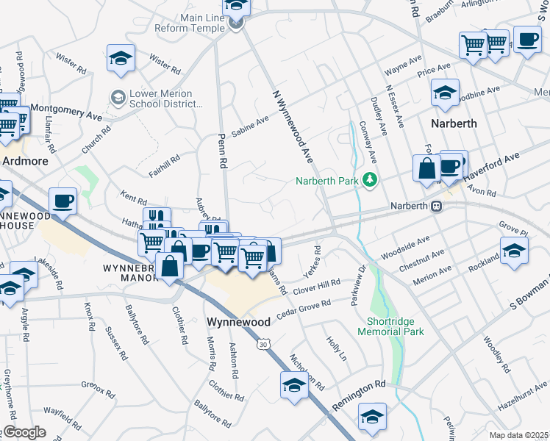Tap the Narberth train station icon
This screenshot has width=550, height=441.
point(436,206)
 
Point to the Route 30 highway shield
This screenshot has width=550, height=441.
point(264,343)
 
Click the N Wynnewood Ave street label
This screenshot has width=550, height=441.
point(293,127)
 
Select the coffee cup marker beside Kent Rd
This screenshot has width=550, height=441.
point(63,201)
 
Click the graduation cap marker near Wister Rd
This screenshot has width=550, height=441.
point(121,58)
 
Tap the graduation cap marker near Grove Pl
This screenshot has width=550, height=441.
point(513,249)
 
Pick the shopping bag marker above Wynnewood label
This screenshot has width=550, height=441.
point(170,266)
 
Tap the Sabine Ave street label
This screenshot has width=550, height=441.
point(250,127)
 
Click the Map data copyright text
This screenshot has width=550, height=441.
point(518,435)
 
